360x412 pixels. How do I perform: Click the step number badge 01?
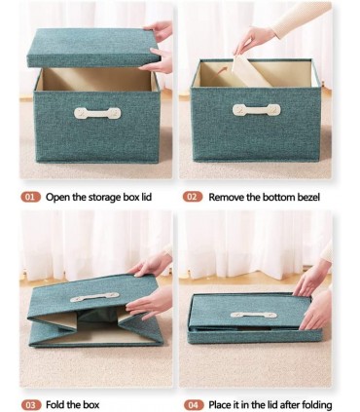(31, 197)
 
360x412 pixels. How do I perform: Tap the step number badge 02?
(193, 197)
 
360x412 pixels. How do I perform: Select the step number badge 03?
(31, 405)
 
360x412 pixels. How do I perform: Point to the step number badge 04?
(194, 405)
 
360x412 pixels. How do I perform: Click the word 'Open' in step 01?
(57, 198)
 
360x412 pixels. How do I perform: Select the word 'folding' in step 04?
(317, 405)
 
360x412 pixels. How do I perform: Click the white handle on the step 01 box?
(97, 113)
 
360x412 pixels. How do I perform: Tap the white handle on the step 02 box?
(257, 110)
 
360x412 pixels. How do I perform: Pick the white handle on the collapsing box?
(94, 297)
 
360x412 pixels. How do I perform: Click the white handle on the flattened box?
(254, 315)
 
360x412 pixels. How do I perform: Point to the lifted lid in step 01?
(93, 48)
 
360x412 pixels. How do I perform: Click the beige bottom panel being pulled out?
(250, 71)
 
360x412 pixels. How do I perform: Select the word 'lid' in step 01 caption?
(146, 197)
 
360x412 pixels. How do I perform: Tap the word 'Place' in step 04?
(219, 405)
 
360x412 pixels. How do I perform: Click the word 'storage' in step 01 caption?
(105, 198)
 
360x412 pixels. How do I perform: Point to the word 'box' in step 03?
(91, 404)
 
